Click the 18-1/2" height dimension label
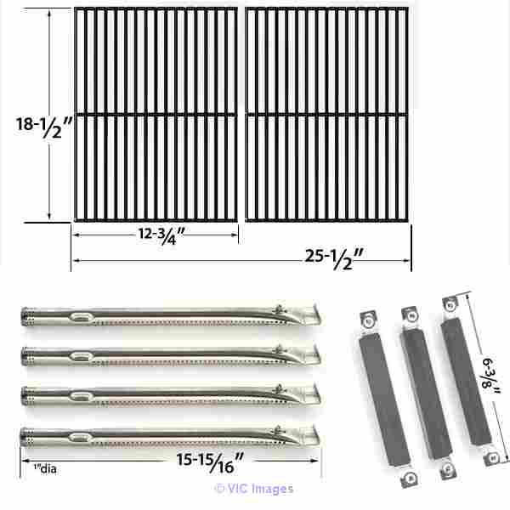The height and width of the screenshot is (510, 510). (x=43, y=127)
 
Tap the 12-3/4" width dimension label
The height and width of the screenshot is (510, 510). (x=161, y=235)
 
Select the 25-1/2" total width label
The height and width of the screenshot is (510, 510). (x=334, y=259)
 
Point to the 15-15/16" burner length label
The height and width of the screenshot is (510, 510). (x=210, y=462)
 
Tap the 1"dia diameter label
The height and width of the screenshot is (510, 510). (x=45, y=468)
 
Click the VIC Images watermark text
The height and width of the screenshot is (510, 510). (x=254, y=489)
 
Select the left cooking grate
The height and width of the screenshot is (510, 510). (x=156, y=115)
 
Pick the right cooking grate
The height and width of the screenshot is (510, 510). (x=327, y=115)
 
